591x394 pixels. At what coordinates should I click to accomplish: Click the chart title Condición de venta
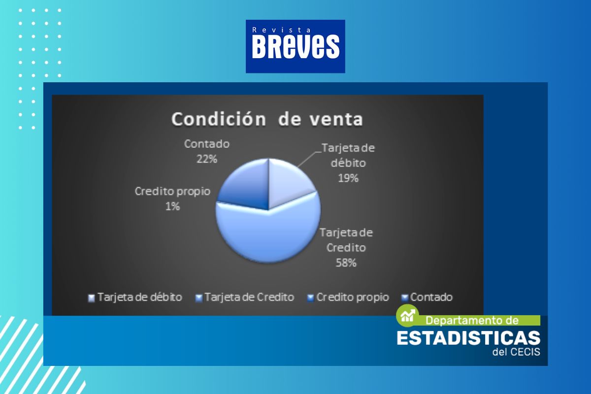pos(267,119)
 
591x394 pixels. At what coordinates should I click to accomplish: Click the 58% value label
pos(346,263)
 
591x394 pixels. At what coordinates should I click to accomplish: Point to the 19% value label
pos(348,178)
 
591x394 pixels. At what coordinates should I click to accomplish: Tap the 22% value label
pos(206,159)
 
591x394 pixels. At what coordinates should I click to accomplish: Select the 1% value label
pos(172,206)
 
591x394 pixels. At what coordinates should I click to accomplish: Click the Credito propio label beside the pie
pos(172,192)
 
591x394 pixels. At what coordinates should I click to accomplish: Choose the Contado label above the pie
pos(207,144)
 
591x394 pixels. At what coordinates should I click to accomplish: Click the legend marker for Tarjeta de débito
pos(91,298)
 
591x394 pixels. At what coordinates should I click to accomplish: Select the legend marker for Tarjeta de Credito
pos(198,298)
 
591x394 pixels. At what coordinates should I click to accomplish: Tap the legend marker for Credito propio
pos(311,298)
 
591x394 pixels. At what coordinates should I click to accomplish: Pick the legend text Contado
pos(431,297)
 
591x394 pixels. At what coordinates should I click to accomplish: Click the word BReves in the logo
pos(295,47)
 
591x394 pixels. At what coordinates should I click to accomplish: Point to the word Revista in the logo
pos(282,30)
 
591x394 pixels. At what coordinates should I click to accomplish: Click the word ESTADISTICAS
pos(468,338)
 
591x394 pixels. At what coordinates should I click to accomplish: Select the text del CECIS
pos(516,352)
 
